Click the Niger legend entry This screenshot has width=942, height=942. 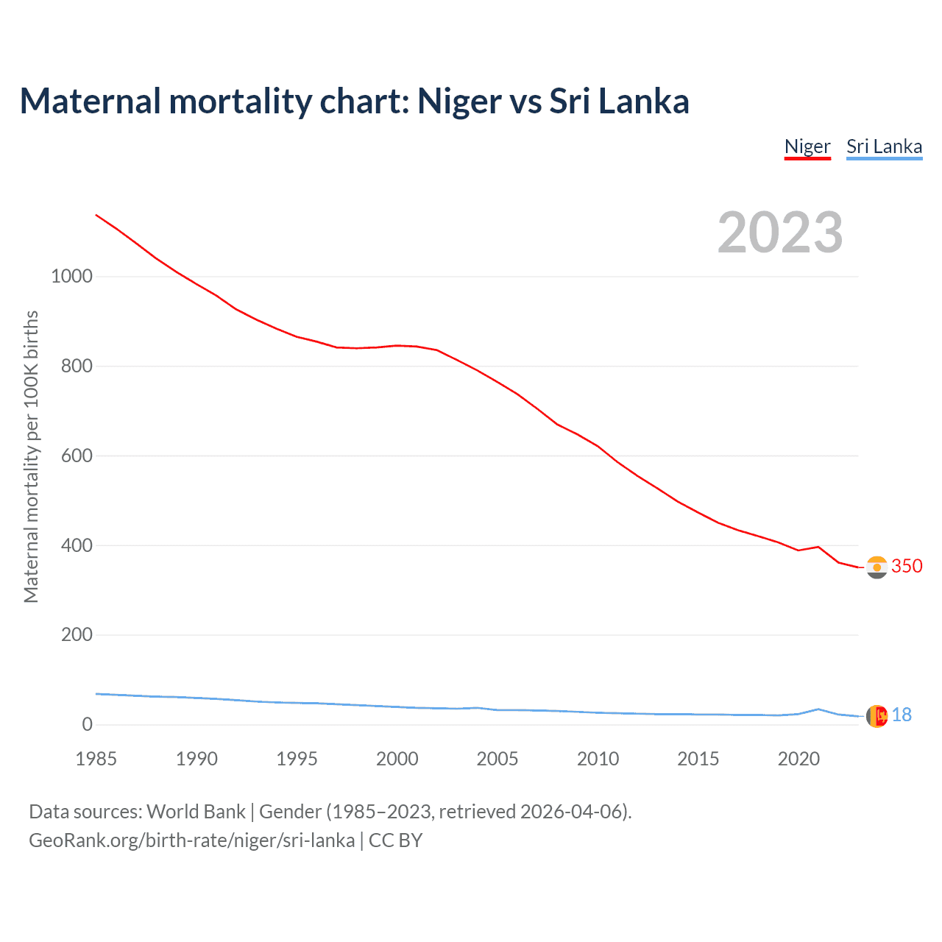pyautogui.click(x=807, y=146)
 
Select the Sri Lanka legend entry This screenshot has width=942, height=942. pyautogui.click(x=884, y=146)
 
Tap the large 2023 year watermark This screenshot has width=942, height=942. pyautogui.click(x=780, y=233)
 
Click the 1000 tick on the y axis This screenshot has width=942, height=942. pyautogui.click(x=71, y=277)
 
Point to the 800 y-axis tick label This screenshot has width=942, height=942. pyautogui.click(x=77, y=366)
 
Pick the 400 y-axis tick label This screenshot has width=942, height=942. pyautogui.click(x=77, y=545)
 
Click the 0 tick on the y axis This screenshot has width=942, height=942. pyautogui.click(x=88, y=725)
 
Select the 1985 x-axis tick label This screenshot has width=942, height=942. pyautogui.click(x=96, y=759)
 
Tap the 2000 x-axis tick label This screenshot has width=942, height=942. pyautogui.click(x=397, y=759)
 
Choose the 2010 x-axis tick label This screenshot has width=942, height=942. pyautogui.click(x=598, y=759)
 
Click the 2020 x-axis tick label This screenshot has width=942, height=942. pyautogui.click(x=798, y=759)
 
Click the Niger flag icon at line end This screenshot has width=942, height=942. pyautogui.click(x=877, y=567)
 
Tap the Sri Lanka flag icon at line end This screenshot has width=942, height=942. pyautogui.click(x=877, y=715)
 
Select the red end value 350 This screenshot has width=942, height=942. pyautogui.click(x=907, y=566)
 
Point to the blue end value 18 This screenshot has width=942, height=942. pyautogui.click(x=902, y=715)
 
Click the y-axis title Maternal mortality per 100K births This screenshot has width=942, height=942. pyautogui.click(x=31, y=456)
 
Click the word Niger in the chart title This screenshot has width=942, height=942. pyautogui.click(x=460, y=101)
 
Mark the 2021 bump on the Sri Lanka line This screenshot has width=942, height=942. pyautogui.click(x=818, y=709)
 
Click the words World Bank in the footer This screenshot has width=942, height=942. pyautogui.click(x=196, y=811)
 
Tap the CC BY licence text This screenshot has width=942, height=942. pyautogui.click(x=395, y=840)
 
